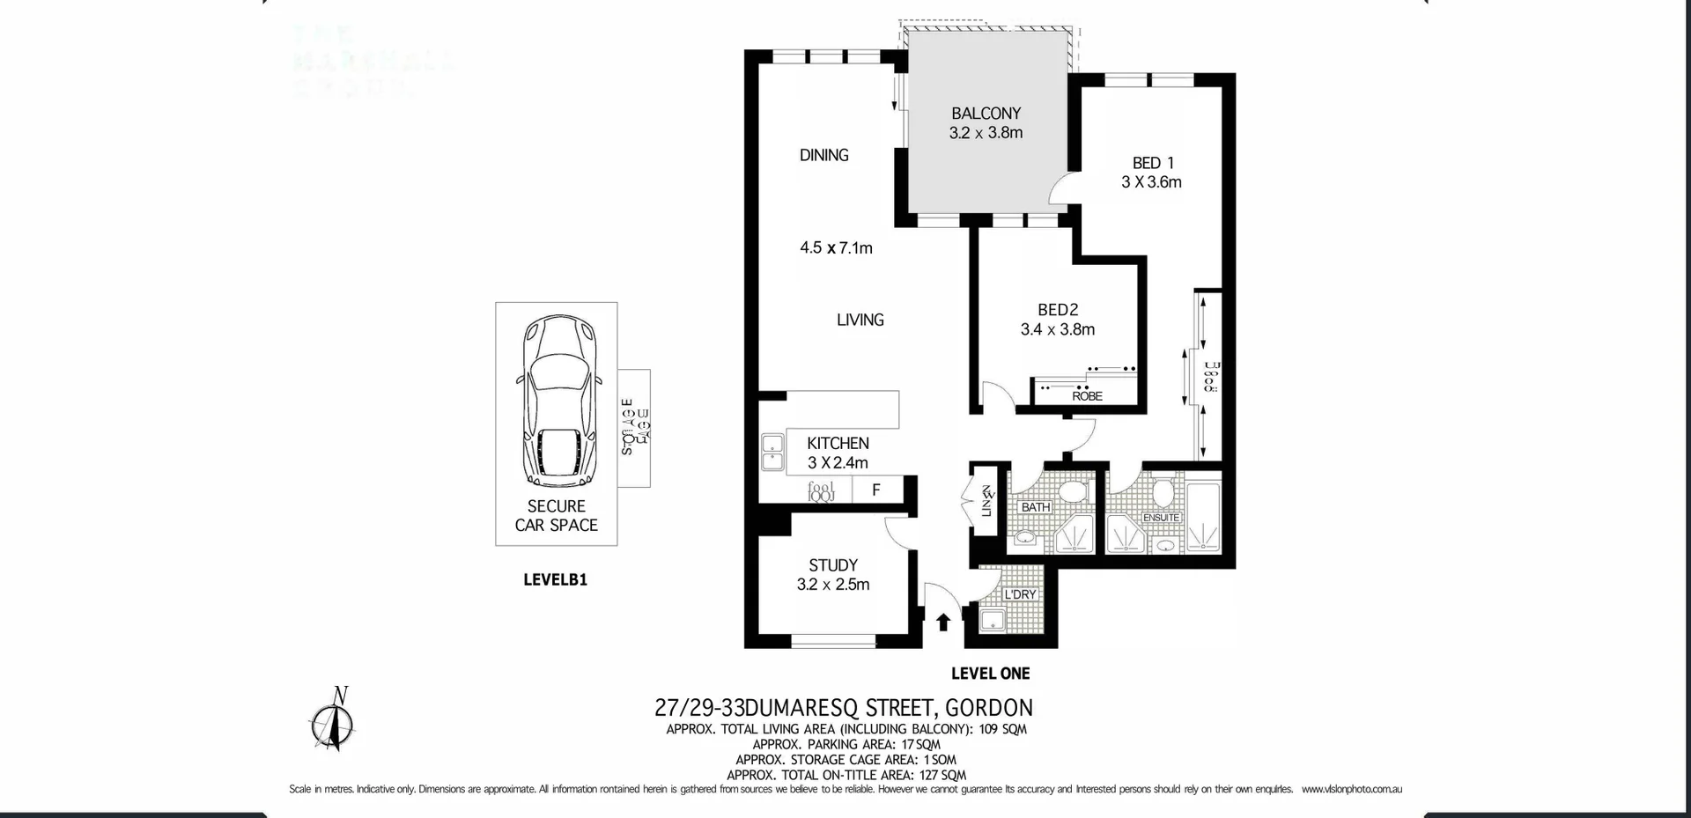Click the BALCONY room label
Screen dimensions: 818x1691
986,114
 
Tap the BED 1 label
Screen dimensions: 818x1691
1152,163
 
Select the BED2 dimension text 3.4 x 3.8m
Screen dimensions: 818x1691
1057,329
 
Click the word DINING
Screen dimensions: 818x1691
823,155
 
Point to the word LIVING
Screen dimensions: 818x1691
860,320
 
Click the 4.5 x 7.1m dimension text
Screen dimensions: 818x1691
836,248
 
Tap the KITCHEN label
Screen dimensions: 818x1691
838,444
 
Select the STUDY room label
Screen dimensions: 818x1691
832,565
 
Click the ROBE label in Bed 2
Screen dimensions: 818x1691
1087,396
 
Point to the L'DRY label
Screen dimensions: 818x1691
1020,594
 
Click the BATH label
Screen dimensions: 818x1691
1035,507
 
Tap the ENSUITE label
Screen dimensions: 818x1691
1161,518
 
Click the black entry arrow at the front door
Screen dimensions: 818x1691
942,622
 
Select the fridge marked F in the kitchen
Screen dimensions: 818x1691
875,490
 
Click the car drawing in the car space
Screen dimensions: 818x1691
557,401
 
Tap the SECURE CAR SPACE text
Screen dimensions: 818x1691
556,516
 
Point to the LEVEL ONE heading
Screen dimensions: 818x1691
990,674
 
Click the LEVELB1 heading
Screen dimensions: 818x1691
555,580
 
